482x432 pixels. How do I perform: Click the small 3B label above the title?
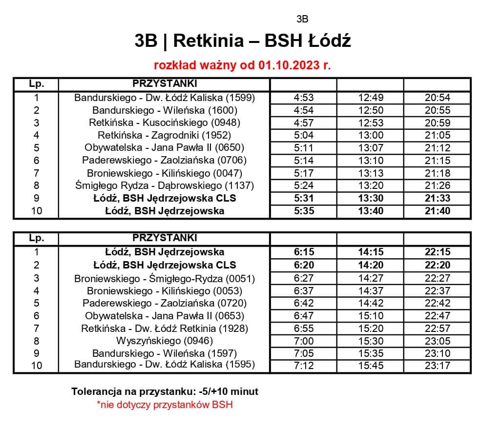tap(302, 20)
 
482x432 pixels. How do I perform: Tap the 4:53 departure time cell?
tap(304, 98)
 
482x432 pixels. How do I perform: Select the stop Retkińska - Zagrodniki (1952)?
tap(164, 135)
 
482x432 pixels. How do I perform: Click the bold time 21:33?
tap(438, 198)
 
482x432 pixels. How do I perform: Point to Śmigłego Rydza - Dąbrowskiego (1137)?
tap(165, 185)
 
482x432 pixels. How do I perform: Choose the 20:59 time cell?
tap(438, 123)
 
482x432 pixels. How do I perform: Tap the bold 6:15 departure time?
tap(304, 252)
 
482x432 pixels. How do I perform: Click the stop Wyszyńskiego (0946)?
tap(165, 341)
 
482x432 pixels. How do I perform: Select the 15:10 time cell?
tap(371, 316)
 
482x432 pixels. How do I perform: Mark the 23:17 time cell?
tap(438, 366)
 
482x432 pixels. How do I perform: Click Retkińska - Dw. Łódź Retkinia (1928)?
tap(165, 329)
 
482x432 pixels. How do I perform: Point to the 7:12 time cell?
tap(304, 366)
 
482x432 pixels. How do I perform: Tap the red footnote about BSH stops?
tap(165, 405)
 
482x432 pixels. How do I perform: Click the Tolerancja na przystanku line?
tap(165, 391)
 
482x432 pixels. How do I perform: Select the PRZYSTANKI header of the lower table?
tap(165, 238)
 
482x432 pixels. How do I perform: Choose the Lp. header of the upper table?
tap(36, 83)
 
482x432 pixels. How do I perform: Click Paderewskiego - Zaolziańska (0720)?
tap(165, 303)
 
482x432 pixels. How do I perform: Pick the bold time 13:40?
tap(371, 211)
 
